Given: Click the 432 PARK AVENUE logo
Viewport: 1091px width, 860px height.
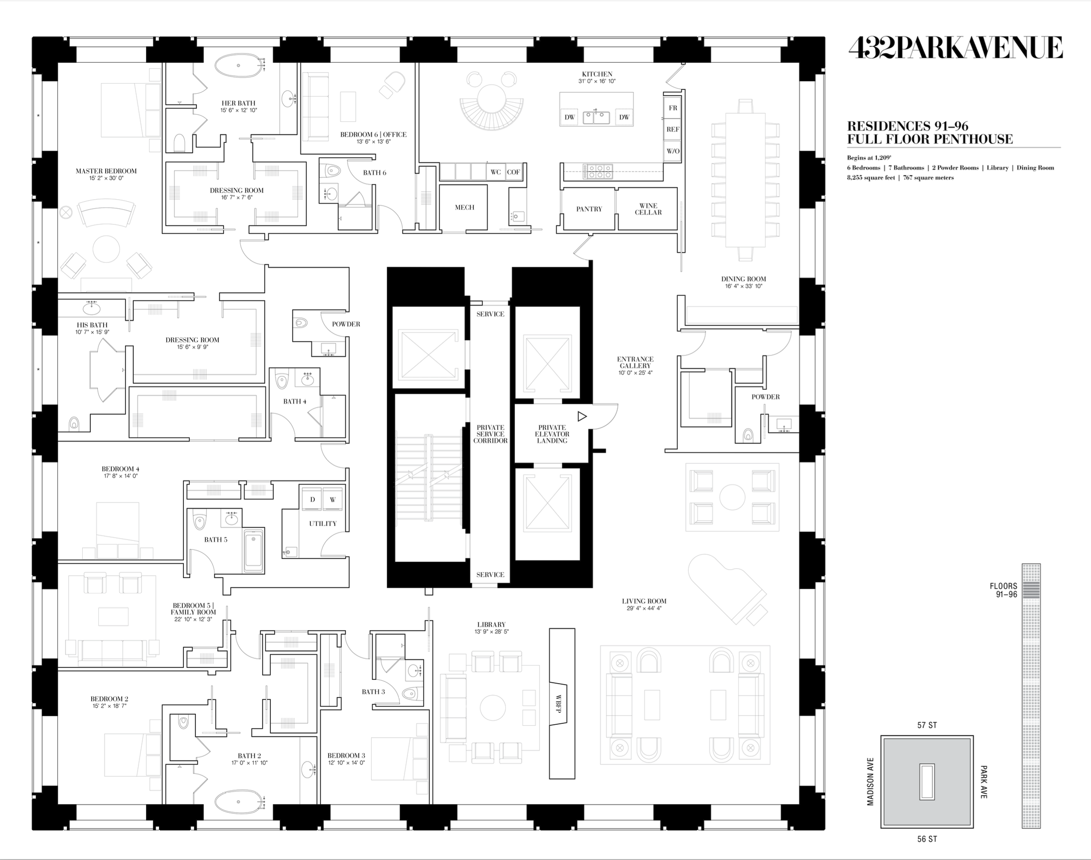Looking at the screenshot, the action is coord(955,48).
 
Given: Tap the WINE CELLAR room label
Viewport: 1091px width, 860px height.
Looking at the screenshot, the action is coord(648,209).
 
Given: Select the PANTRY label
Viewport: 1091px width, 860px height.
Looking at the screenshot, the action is coord(589,209).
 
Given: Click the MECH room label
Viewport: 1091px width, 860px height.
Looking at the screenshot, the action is coord(464,207).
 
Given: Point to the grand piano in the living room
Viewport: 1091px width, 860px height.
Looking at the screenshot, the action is coord(728,590).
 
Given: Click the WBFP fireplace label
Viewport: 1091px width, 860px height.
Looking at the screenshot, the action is coord(558,704).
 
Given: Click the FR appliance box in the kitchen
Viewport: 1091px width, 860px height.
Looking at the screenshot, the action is coord(673,108).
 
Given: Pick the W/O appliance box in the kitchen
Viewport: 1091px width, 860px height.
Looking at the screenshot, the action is coord(673,151).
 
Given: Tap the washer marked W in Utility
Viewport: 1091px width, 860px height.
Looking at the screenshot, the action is coord(333,499).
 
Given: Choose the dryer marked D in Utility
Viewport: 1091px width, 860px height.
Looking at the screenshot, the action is coord(312,499).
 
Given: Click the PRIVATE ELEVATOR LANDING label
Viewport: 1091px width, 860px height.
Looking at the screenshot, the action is coord(552,434).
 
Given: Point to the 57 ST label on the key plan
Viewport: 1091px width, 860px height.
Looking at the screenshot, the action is coord(927,725).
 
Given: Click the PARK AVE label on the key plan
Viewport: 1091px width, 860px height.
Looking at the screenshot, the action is coord(984,782).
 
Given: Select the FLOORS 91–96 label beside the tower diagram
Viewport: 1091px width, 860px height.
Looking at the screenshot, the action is coord(1004,590).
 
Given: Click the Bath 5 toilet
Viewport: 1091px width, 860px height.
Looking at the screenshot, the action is coord(200,520).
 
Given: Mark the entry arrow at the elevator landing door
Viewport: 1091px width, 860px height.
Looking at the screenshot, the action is coord(582,417).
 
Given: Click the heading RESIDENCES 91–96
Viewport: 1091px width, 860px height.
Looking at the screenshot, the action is coord(908,126).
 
